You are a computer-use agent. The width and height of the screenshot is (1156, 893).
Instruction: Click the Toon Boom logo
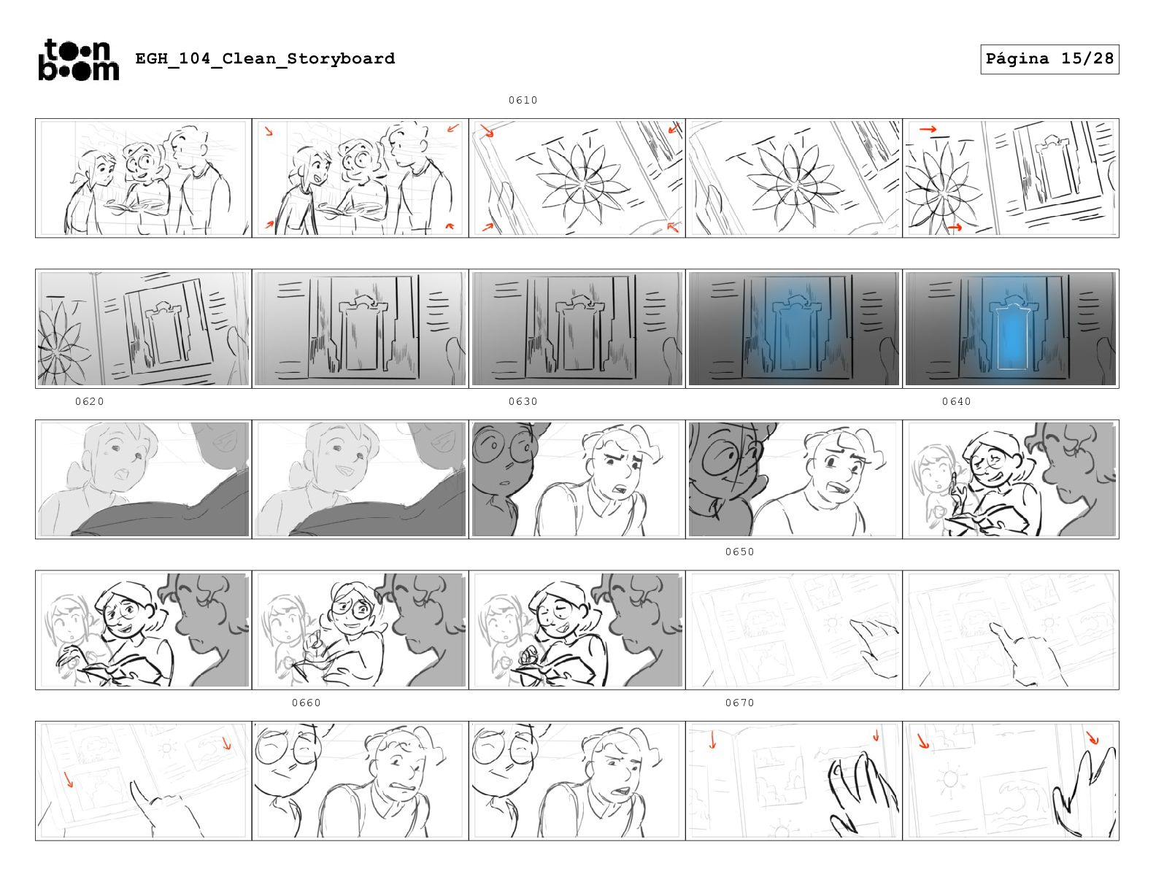(79, 60)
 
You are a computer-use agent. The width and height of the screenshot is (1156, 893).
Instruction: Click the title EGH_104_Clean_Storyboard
(265, 58)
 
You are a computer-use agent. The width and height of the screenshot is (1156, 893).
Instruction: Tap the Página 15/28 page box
(1049, 59)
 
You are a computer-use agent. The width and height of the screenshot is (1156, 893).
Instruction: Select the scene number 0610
(523, 100)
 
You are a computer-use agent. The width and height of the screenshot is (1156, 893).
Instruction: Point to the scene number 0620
(89, 401)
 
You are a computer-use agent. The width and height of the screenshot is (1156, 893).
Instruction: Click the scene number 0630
(523, 401)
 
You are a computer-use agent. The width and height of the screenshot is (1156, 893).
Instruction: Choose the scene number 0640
(957, 401)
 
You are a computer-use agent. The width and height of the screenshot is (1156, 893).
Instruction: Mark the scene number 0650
(739, 552)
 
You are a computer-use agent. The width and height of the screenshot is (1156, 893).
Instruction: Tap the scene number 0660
(306, 703)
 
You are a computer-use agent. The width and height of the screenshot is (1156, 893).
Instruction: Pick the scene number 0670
(739, 703)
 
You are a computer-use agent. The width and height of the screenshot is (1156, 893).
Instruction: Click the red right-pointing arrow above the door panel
(928, 129)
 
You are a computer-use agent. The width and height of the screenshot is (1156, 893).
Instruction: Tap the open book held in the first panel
(135, 206)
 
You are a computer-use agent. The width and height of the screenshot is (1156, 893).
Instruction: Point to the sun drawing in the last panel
(950, 780)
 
